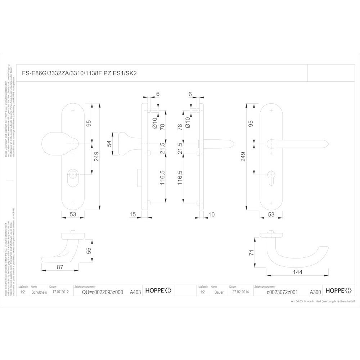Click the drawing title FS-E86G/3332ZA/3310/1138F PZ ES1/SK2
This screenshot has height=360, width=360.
[78, 73]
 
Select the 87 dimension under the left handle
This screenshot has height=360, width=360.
[60, 267]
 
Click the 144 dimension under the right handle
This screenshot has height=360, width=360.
[297, 272]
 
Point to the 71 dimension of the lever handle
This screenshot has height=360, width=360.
[252, 253]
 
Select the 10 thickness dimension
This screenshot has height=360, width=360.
[211, 215]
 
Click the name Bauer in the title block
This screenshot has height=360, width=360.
[219, 292]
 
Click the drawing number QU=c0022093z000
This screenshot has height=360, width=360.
[102, 292]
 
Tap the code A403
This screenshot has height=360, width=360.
[135, 292]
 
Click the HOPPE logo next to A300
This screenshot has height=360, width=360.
[338, 291]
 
